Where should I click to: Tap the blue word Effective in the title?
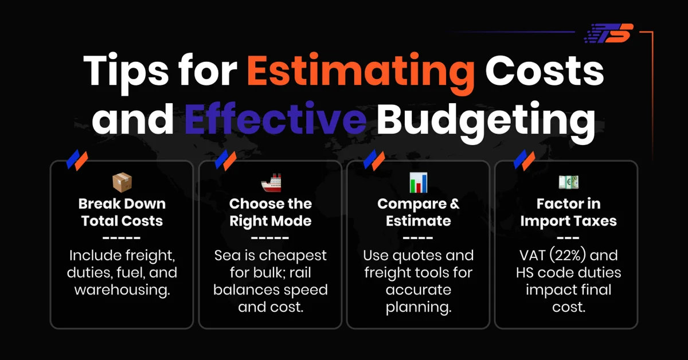pyautogui.click(x=276, y=118)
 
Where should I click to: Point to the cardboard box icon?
pyautogui.click(x=122, y=183)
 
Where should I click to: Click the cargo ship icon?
pyautogui.click(x=271, y=183)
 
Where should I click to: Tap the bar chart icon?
pyautogui.click(x=418, y=183)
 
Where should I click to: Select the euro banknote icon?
pyautogui.click(x=568, y=183)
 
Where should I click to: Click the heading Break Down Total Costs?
pyautogui.click(x=122, y=212)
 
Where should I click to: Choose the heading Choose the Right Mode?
pyautogui.click(x=271, y=212)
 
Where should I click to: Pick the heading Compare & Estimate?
pyautogui.click(x=418, y=212)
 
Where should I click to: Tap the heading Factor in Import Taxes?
pyautogui.click(x=568, y=212)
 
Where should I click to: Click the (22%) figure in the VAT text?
pyautogui.click(x=574, y=255)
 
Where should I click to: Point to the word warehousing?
pyautogui.click(x=122, y=290)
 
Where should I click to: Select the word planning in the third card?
pyautogui.click(x=418, y=307)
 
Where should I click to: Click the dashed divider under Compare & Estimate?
pyautogui.click(x=418, y=238)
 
